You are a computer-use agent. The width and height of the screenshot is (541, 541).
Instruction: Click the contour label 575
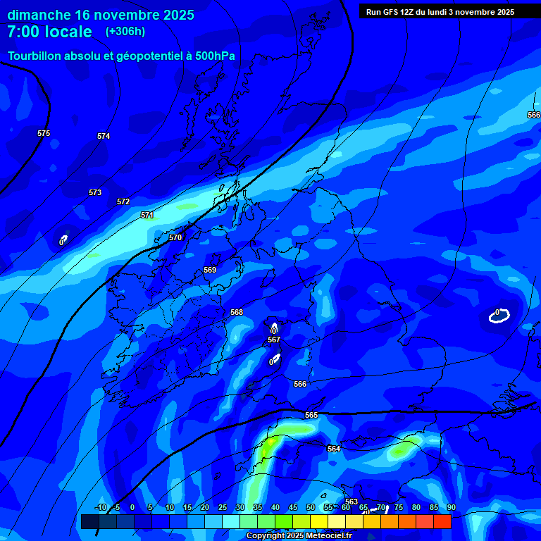pyautogui.click(x=44, y=133)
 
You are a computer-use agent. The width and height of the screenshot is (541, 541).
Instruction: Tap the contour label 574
pyautogui.click(x=104, y=136)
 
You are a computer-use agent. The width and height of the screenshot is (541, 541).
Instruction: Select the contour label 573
pyautogui.click(x=95, y=192)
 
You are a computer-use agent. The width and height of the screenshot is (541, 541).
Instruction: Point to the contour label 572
pyautogui.click(x=123, y=201)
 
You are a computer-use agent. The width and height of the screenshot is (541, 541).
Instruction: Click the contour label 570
pyautogui.click(x=175, y=237)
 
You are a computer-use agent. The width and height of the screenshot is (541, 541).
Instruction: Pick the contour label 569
pyautogui.click(x=210, y=270)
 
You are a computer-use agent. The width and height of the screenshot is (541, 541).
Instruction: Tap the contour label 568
pyautogui.click(x=237, y=312)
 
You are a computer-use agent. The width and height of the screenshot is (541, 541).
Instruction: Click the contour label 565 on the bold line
pyautogui.click(x=311, y=415)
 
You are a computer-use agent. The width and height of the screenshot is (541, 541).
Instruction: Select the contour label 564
pyautogui.click(x=334, y=449)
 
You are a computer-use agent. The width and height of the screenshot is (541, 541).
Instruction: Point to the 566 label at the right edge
pyautogui.click(x=533, y=115)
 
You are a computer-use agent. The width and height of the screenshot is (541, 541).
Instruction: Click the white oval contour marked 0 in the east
pyautogui.click(x=499, y=317)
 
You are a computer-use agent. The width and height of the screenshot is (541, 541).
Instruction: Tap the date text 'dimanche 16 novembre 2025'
pyautogui.click(x=101, y=15)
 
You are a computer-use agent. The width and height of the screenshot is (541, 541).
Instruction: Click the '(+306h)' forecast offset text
pyautogui.click(x=125, y=32)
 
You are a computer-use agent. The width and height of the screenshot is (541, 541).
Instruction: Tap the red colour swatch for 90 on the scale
pyautogui.click(x=442, y=522)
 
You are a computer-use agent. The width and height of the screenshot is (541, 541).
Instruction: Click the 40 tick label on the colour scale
pyautogui.click(x=275, y=507)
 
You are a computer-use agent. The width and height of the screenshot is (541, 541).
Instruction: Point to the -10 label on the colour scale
pyautogui.click(x=100, y=507)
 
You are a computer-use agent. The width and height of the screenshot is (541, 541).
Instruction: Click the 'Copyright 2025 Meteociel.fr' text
pyautogui.click(x=299, y=535)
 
